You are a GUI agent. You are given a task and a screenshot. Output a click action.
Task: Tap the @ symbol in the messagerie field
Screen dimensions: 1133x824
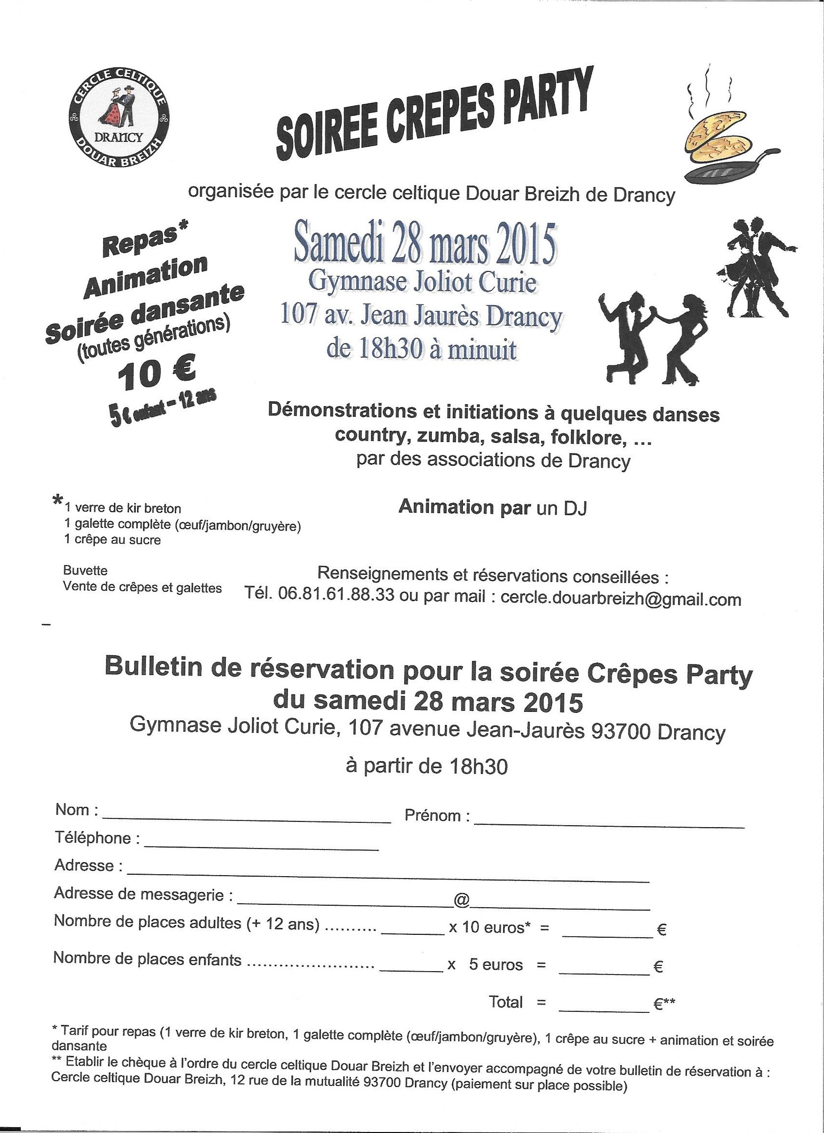pos(461,899)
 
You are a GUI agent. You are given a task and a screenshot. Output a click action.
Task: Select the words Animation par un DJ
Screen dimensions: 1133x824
pos(492,507)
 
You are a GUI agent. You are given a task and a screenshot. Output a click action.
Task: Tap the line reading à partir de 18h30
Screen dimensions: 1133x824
pos(426,766)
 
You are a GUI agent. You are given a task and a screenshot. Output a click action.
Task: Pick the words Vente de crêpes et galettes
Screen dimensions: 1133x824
pos(143,587)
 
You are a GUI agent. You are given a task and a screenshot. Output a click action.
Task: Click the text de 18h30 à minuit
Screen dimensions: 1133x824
pos(422,350)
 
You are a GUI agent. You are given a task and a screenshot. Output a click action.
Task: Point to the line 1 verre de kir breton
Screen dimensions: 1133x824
pos(123,508)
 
